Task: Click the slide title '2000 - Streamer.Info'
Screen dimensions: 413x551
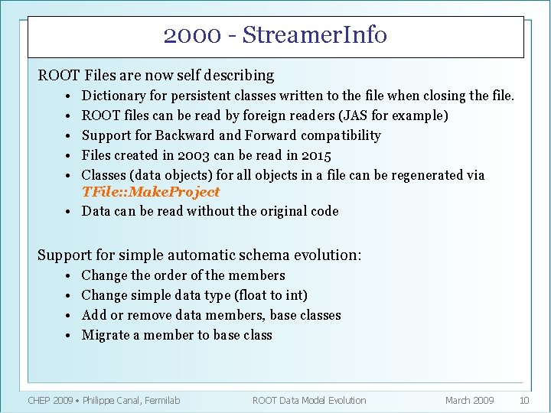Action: (275, 35)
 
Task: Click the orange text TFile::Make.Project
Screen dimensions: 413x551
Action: (150, 192)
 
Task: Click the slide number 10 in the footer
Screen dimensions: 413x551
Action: (524, 400)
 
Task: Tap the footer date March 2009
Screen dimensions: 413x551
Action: (469, 400)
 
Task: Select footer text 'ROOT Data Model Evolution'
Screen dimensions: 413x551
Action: (309, 400)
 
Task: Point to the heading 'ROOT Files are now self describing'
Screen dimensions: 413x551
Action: (156, 75)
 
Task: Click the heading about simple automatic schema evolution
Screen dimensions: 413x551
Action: (200, 255)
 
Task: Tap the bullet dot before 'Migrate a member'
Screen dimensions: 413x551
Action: (68, 336)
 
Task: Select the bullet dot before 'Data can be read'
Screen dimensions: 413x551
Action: (68, 212)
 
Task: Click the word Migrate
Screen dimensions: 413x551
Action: (106, 335)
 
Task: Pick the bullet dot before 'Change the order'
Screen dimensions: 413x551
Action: (68, 276)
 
